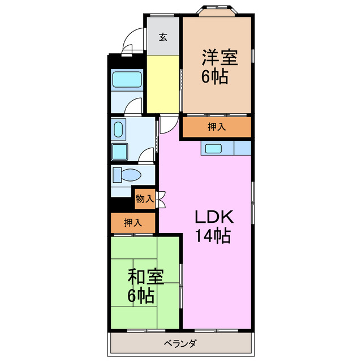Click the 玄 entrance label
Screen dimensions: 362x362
point(163,37)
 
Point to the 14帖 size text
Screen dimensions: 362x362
point(213,237)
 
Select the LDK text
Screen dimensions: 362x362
point(214,217)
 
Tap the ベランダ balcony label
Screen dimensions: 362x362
point(180,343)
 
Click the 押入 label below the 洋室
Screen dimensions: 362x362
point(216,127)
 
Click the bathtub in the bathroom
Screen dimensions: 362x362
point(126,79)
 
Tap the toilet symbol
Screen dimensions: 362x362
point(123,174)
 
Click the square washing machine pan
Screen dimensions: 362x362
point(120,152)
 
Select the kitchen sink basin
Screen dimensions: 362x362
point(214,148)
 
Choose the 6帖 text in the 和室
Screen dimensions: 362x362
point(143,296)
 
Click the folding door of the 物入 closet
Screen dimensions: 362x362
point(161,199)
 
